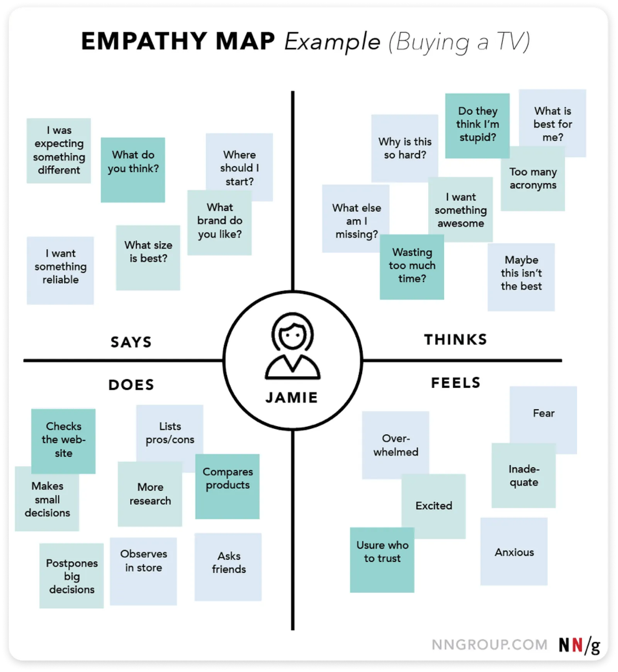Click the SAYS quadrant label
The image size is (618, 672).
(x=131, y=342)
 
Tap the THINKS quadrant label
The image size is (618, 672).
(x=455, y=339)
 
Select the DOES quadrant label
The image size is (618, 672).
(x=131, y=385)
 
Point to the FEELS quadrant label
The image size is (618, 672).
(x=455, y=383)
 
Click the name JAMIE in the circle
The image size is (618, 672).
(x=292, y=397)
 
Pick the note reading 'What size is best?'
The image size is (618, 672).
(x=148, y=257)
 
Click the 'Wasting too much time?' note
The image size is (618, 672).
(x=412, y=267)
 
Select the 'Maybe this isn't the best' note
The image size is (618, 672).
(x=521, y=276)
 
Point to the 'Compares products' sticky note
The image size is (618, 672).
(x=228, y=486)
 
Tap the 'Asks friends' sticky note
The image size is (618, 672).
(x=228, y=566)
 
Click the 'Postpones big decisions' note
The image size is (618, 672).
(x=71, y=576)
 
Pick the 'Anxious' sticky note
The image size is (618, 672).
(x=514, y=552)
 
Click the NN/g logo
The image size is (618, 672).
(x=579, y=645)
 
